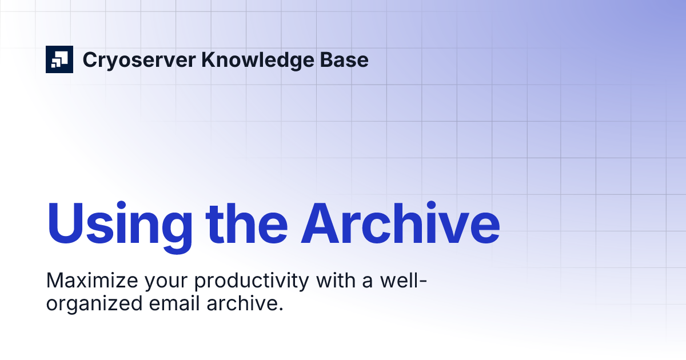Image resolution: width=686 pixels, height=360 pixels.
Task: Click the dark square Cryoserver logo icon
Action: pos(59,59)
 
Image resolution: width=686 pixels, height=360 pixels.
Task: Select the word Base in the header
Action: pos(344,59)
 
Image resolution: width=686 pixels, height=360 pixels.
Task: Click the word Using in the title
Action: pos(119,222)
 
